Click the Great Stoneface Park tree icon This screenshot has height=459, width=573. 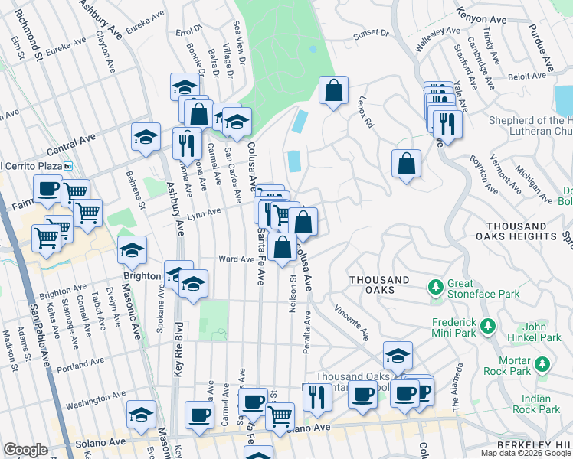(436, 287)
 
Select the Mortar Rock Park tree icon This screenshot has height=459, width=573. (542, 363)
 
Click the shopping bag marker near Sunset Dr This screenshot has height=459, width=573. (333, 90)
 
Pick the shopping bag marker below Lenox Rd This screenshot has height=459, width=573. (406, 163)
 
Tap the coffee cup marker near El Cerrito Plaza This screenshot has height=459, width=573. (47, 188)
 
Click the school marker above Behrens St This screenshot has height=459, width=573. (146, 136)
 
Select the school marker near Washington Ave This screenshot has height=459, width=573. (141, 414)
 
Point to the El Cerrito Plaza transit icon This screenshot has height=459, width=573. (68, 166)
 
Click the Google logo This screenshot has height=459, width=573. (25, 450)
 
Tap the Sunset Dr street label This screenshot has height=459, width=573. (371, 34)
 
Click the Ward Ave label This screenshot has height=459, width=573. (236, 259)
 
